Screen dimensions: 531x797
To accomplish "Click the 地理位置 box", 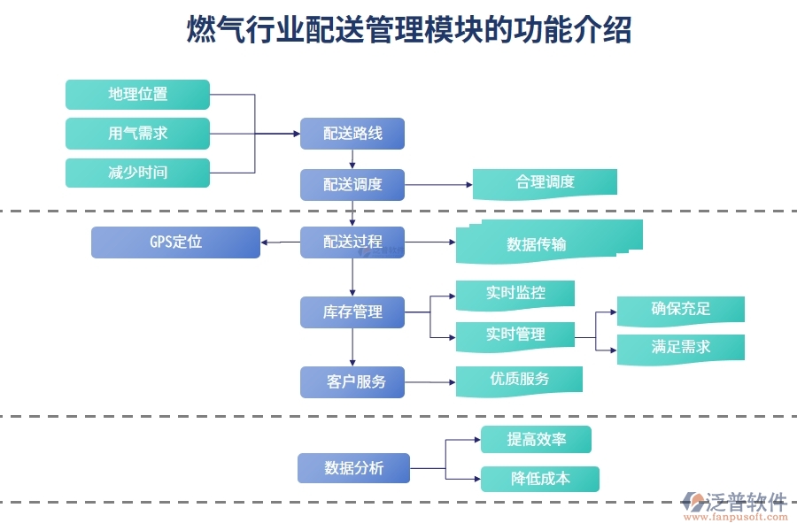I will tap(137, 94).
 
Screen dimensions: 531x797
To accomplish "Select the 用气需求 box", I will tap(137, 133).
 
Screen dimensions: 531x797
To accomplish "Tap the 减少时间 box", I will tap(137, 172).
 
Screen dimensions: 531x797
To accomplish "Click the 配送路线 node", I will tap(352, 134).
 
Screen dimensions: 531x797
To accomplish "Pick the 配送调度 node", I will tap(352, 184).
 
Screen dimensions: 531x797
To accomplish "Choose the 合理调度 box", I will tap(545, 182).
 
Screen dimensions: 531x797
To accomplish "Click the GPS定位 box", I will tap(175, 242).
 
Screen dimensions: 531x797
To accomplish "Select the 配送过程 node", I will tap(352, 242).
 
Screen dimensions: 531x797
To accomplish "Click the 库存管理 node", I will tap(352, 312).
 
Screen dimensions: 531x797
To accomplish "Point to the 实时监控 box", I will tap(515, 294).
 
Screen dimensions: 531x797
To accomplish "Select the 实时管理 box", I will tap(515, 335).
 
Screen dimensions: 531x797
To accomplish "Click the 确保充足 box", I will tap(680, 309).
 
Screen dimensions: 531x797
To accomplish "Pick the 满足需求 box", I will tap(680, 347).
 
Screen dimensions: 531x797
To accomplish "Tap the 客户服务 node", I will tap(352, 381).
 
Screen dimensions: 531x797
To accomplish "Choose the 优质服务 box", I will tap(519, 379).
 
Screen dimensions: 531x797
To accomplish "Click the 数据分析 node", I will tap(353, 468).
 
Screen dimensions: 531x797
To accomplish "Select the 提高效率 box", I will tap(536, 439).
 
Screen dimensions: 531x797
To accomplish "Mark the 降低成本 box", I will tap(539, 479).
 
